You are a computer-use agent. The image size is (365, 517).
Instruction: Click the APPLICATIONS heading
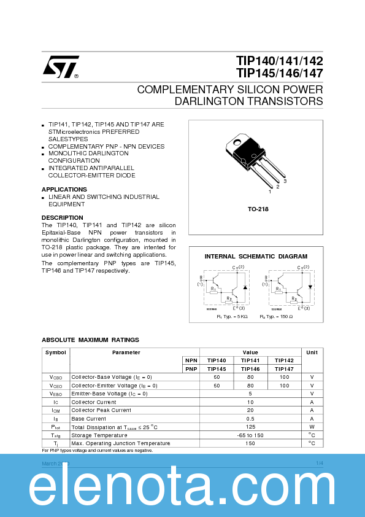point(64,189)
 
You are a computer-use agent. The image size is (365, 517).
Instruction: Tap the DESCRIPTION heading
point(62,217)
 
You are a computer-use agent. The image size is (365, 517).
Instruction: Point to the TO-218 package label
point(258,209)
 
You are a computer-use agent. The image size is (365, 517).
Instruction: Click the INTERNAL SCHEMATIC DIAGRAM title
point(256,256)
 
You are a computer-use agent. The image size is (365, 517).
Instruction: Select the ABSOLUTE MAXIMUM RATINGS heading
point(90,340)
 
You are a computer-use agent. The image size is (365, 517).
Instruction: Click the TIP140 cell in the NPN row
point(217,360)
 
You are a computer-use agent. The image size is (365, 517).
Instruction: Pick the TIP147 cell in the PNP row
point(283,369)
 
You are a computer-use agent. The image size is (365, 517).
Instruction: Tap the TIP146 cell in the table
point(250,369)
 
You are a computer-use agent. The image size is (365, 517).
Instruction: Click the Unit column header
point(312,352)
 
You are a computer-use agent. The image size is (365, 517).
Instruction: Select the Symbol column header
point(55,352)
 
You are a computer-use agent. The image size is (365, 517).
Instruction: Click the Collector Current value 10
point(250,402)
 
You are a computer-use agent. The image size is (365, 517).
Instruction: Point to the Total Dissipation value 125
point(250,427)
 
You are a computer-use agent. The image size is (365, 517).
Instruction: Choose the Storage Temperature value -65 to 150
point(250,435)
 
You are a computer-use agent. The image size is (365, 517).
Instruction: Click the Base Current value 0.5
point(250,418)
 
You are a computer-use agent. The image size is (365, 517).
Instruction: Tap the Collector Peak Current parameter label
point(101,410)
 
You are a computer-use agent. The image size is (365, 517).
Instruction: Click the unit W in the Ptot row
point(312,427)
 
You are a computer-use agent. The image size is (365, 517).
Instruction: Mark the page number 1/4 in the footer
point(319,462)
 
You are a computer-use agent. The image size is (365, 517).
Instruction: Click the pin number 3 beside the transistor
point(285,182)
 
